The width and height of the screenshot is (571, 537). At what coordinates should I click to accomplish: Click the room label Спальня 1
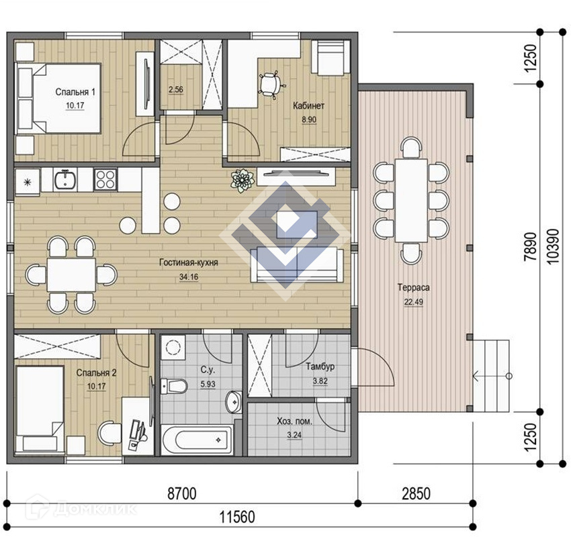(x=75, y=92)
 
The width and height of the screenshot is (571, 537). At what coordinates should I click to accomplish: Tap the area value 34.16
(x=189, y=277)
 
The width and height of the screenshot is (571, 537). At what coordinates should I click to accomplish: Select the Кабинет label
(x=308, y=105)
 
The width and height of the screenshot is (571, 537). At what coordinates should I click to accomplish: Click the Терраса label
(x=413, y=287)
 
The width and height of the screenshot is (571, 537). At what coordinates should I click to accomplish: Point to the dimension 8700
(x=182, y=494)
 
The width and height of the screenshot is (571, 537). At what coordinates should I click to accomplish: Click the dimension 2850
(x=416, y=494)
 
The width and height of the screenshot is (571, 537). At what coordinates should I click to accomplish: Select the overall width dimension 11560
(x=237, y=517)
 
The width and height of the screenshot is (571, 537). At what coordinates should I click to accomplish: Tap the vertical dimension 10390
(x=552, y=246)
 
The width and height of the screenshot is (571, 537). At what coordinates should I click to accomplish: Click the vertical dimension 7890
(x=530, y=246)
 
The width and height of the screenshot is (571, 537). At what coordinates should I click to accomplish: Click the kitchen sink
(x=65, y=179)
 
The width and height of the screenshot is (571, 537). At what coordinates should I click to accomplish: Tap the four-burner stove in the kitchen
(x=105, y=179)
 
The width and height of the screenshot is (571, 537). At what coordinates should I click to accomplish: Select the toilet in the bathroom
(x=174, y=386)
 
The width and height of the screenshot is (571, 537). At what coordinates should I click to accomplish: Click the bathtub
(x=197, y=440)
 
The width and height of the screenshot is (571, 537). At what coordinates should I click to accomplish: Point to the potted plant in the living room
(x=242, y=180)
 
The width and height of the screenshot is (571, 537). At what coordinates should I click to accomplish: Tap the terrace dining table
(x=411, y=200)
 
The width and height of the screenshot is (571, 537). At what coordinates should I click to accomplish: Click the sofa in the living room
(x=297, y=265)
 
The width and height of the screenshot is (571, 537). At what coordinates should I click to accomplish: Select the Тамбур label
(x=320, y=367)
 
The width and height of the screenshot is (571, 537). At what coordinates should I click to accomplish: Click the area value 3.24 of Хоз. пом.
(x=294, y=435)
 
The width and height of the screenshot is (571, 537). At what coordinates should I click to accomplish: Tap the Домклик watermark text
(x=95, y=509)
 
